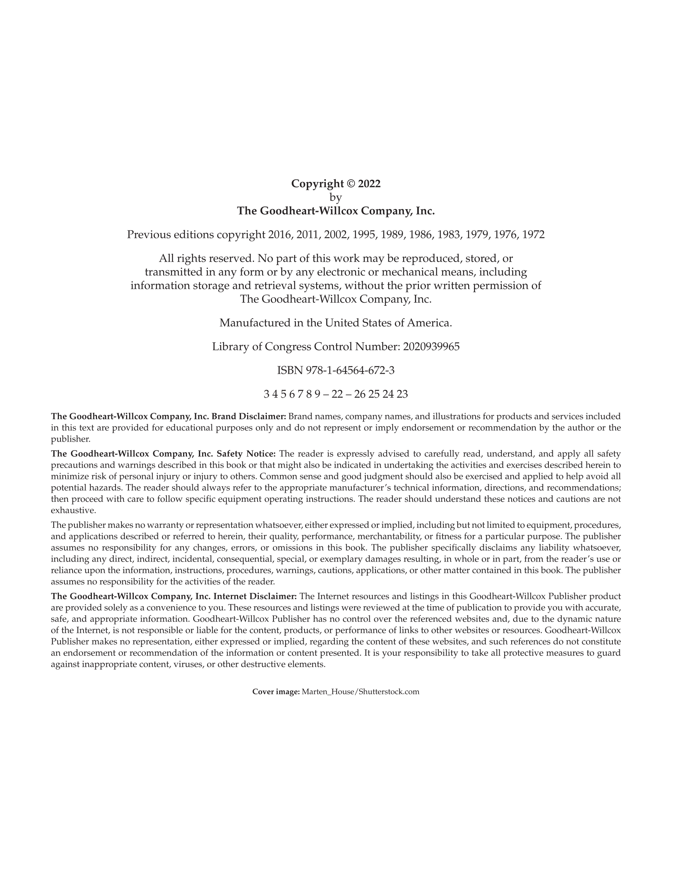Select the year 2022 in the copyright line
[x=369, y=184]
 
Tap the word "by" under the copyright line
[x=336, y=198]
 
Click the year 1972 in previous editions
[x=533, y=235]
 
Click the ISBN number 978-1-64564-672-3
[x=350, y=371]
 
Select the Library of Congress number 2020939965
[x=431, y=347]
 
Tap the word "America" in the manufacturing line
[x=428, y=323]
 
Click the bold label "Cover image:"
[x=276, y=691]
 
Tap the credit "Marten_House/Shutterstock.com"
[x=360, y=691]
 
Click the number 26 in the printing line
[x=359, y=394]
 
